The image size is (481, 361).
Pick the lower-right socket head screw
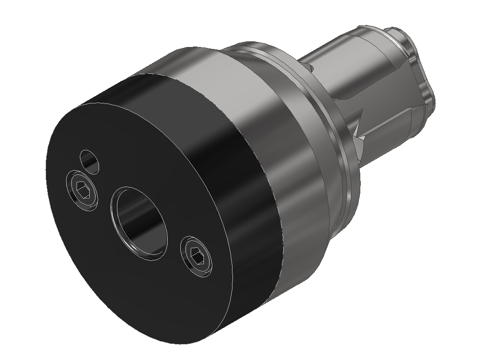[197, 255]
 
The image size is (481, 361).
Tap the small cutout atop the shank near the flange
[310, 69]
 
